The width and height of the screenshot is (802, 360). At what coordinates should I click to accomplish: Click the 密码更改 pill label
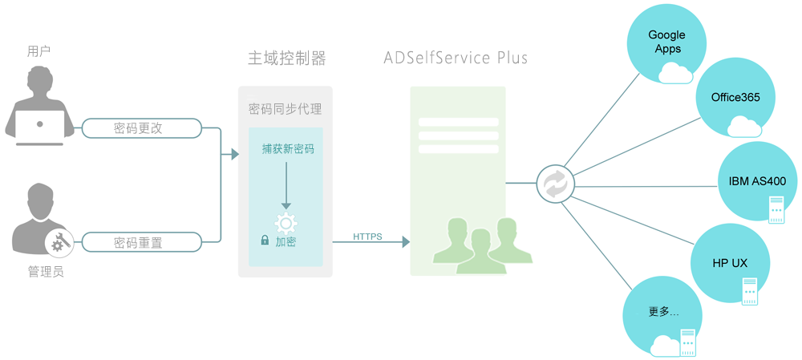click(139, 128)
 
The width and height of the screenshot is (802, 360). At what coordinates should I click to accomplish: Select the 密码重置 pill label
click(139, 242)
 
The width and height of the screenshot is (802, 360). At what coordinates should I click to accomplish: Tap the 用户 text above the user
click(38, 51)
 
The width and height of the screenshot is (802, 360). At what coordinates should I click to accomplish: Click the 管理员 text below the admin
click(46, 273)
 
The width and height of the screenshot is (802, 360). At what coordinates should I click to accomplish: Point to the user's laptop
click(40, 128)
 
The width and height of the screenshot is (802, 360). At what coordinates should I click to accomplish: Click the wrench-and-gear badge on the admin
click(59, 241)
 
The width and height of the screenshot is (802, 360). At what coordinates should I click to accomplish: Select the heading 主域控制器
click(286, 59)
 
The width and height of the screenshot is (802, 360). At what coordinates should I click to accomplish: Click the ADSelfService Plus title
click(456, 58)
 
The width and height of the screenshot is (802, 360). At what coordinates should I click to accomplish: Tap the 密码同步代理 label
click(286, 109)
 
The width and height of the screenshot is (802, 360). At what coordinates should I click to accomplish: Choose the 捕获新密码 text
click(288, 149)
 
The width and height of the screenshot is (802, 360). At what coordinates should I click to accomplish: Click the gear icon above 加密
click(286, 223)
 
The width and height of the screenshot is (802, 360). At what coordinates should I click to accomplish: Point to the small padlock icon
click(265, 240)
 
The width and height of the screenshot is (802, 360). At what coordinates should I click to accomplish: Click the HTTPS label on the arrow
click(367, 237)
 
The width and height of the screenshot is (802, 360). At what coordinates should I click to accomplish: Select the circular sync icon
click(555, 184)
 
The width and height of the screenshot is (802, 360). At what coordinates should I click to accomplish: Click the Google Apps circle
click(666, 42)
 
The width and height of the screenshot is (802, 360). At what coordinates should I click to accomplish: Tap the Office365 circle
click(735, 98)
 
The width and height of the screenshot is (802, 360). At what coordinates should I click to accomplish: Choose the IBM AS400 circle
click(756, 181)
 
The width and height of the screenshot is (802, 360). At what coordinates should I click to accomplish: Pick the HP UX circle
click(730, 263)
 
